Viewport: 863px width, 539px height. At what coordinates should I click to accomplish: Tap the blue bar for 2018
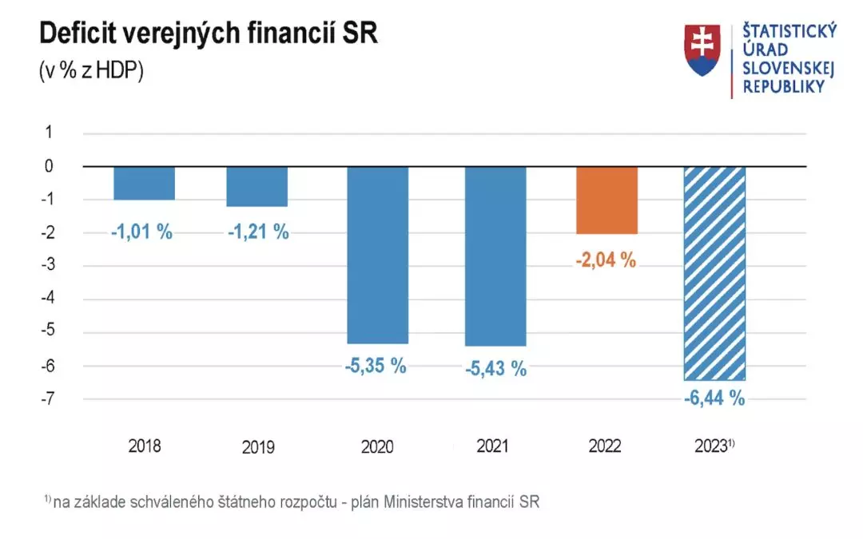(144, 183)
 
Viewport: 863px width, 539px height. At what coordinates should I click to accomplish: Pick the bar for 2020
(377, 255)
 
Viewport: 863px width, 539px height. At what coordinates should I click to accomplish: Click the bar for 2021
(495, 256)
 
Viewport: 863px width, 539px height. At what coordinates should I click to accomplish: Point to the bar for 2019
(257, 186)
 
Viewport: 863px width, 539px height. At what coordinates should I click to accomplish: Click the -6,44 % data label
(714, 398)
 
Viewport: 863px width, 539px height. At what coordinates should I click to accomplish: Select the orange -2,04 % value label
(606, 260)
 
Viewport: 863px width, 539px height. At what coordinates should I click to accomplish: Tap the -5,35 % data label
(376, 367)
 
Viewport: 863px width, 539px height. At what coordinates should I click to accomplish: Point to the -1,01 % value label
(142, 232)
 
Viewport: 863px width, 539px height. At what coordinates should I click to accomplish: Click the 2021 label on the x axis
(493, 446)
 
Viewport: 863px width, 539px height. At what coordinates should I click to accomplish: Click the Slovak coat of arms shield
(702, 50)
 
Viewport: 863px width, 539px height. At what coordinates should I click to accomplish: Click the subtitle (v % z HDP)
(91, 70)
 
